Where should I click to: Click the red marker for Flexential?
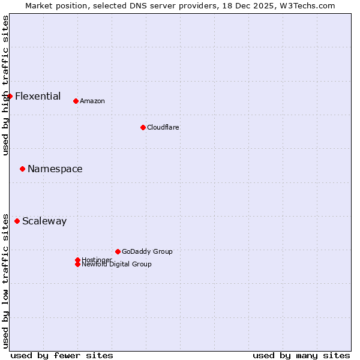coord(10,96)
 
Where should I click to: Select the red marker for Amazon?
coord(76,101)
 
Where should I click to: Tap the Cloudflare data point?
coord(143,127)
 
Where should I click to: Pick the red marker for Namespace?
coord(22,169)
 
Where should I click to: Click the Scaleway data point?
coord(17,221)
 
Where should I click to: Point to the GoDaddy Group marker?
coord(118,251)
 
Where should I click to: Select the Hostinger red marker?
coord(77,260)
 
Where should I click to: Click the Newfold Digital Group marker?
coord(77,265)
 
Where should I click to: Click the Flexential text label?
coord(38,96)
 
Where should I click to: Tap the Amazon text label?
coord(92,101)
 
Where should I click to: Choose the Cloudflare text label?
coord(163,127)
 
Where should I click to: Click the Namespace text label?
coord(55,169)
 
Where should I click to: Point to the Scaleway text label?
coord(44,221)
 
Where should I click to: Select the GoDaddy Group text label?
coord(147,251)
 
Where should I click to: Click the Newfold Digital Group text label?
coord(117,265)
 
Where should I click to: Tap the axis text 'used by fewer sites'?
coord(62,355)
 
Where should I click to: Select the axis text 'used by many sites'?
coord(301,355)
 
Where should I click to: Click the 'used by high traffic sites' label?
coord(5,85)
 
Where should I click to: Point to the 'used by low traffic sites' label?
coord(5,280)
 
